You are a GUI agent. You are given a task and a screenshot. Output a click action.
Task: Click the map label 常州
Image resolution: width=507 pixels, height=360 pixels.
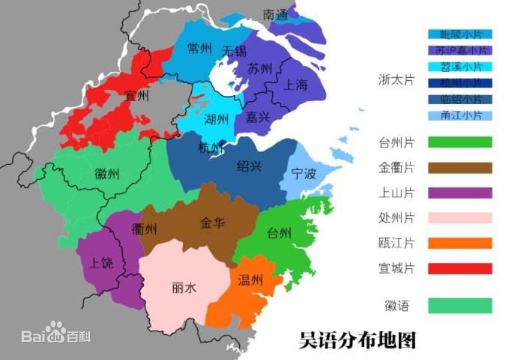tap(200, 49)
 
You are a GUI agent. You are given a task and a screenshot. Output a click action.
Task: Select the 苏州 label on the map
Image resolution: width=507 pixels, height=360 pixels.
tap(260, 68)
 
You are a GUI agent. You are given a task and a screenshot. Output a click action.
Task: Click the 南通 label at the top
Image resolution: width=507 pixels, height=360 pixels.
tap(276, 16)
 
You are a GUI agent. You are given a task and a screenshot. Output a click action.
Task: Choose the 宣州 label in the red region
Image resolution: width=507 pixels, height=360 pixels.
tap(137, 95)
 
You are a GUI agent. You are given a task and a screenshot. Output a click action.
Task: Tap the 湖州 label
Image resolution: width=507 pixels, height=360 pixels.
tap(216, 119)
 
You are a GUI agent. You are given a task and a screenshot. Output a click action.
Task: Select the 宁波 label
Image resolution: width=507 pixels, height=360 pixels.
tap(303, 174)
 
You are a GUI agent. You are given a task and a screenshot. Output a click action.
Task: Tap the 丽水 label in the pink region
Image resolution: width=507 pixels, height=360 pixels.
tap(183, 288)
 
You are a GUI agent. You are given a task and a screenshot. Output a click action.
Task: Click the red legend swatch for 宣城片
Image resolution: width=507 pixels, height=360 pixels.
tap(460, 268)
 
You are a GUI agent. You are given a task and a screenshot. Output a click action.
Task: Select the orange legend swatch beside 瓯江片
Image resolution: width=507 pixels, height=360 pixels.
tap(460, 243)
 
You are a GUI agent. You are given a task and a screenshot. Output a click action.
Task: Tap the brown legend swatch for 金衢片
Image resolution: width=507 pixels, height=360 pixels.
tap(460, 168)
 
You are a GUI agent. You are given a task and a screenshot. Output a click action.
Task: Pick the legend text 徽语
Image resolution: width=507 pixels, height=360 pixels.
tap(396, 305)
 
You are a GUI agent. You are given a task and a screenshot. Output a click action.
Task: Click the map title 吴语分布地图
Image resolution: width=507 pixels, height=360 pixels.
tap(357, 340)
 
